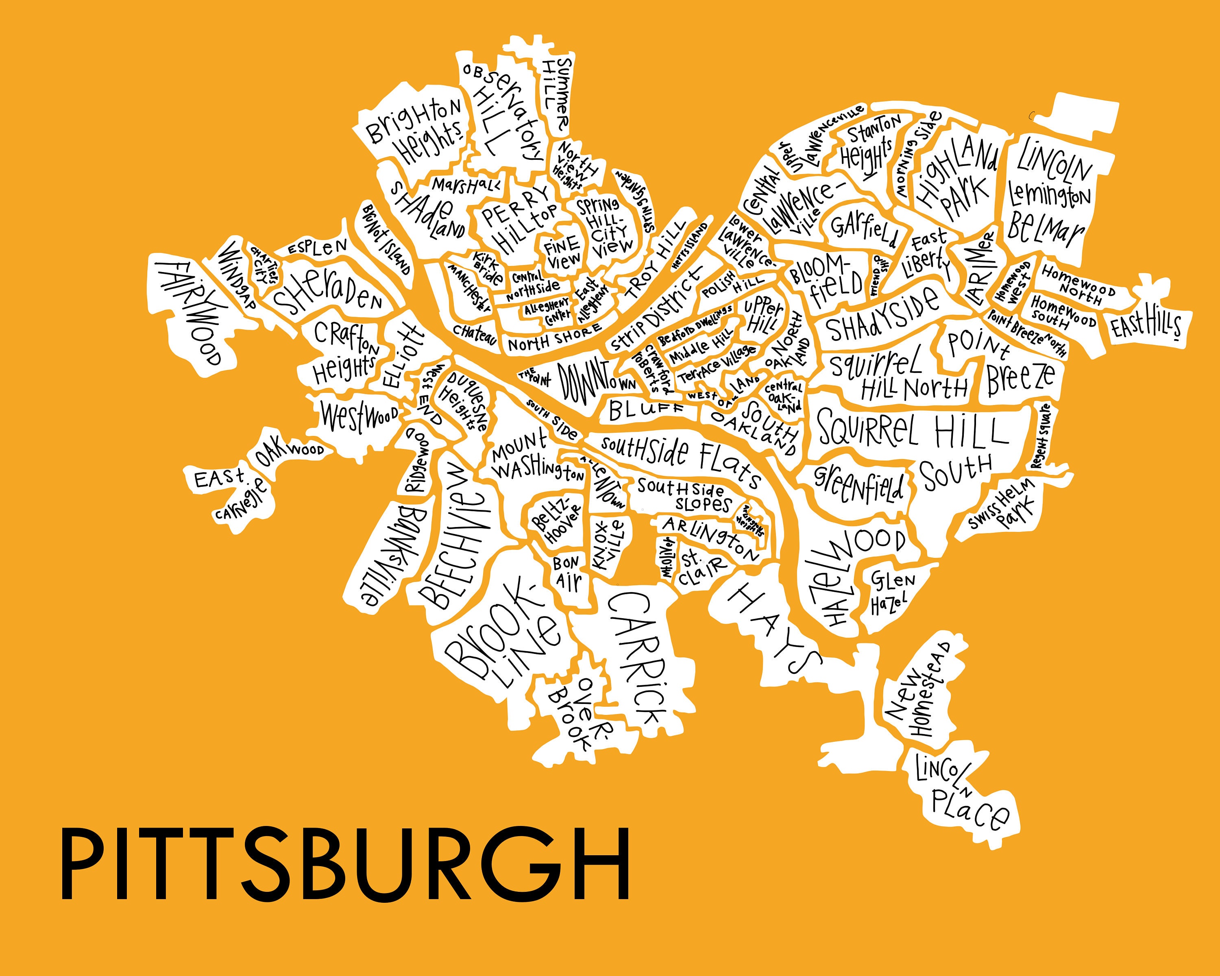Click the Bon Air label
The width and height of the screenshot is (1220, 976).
point(568,573)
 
